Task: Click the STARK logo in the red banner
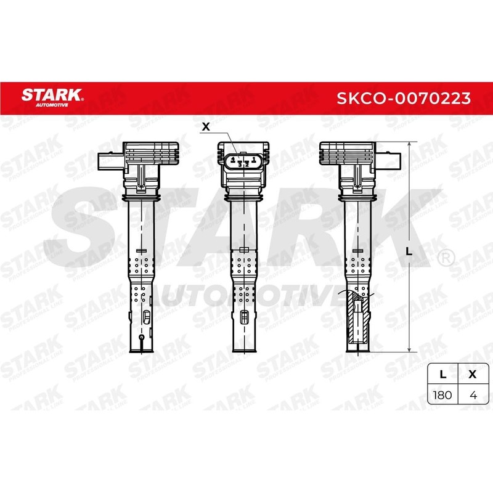click(52, 97)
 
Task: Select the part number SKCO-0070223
click(404, 99)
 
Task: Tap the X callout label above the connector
click(206, 127)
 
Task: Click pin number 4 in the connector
click(233, 160)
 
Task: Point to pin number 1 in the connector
click(253, 160)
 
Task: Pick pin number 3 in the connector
click(240, 164)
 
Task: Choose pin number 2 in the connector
click(247, 164)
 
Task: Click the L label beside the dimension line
click(409, 251)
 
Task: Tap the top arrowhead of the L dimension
click(409, 145)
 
